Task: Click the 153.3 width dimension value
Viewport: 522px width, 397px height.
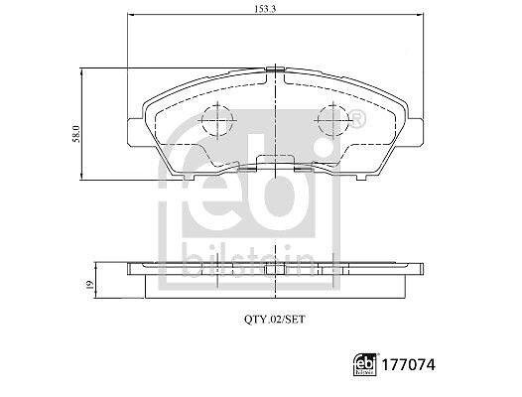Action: click(x=265, y=9)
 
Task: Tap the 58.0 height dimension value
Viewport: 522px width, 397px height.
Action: click(x=76, y=134)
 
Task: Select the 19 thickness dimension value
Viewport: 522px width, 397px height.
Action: click(x=90, y=286)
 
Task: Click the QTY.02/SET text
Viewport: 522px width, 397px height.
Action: click(x=275, y=320)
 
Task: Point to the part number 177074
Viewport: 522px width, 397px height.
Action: click(x=408, y=365)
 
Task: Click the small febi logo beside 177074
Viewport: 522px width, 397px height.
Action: click(x=365, y=364)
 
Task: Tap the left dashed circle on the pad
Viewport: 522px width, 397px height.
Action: click(x=217, y=120)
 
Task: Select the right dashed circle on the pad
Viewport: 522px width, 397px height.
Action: click(x=332, y=120)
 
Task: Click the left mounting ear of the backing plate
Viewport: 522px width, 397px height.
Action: click(x=136, y=132)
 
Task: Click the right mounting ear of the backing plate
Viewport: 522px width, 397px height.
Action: click(x=415, y=132)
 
